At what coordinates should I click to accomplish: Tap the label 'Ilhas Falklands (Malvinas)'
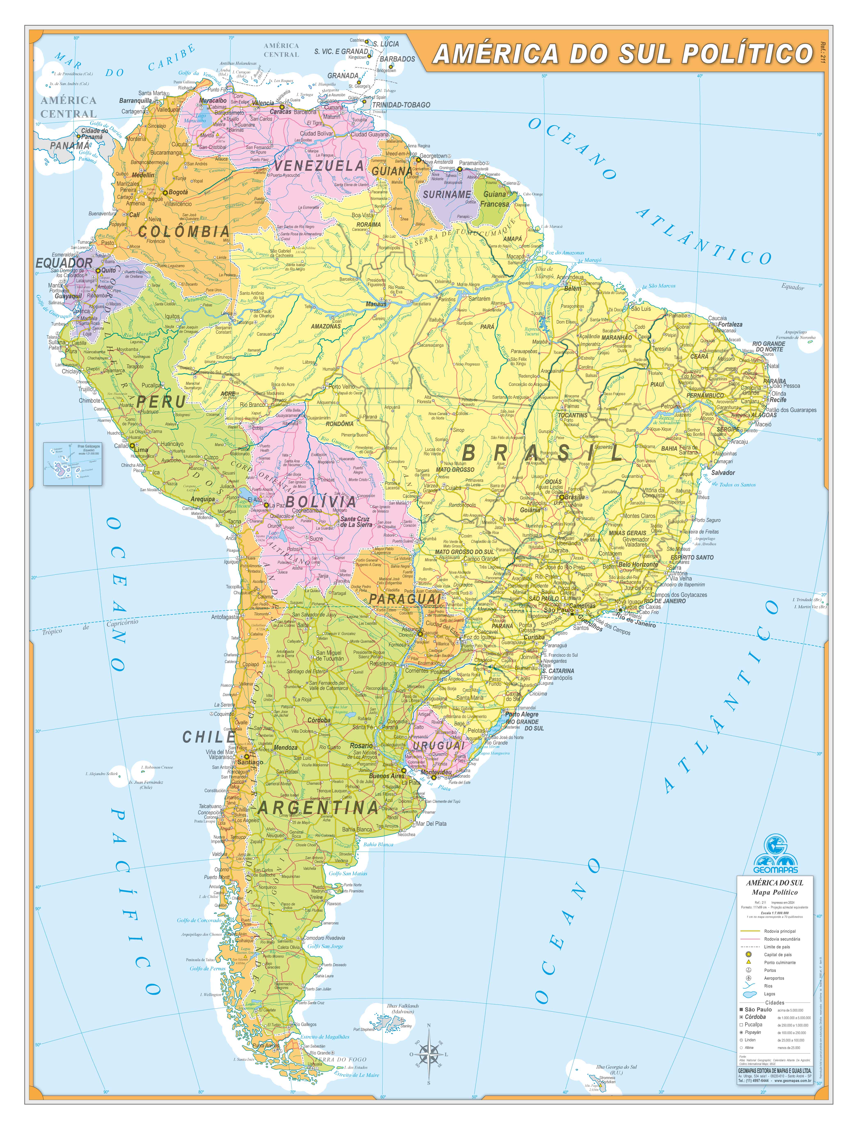403,1008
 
